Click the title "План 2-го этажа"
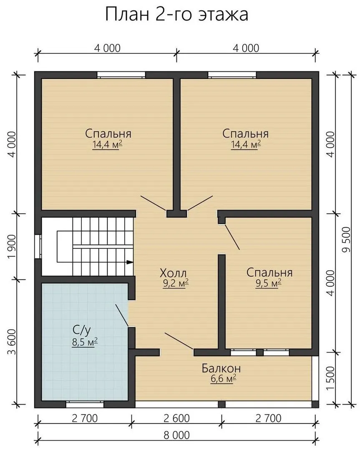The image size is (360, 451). (x=177, y=14)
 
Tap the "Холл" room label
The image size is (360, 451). (x=173, y=273)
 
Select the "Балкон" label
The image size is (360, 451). (x=221, y=368)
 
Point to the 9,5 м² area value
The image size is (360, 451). (x=268, y=283)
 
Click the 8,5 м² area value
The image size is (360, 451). (x=85, y=342)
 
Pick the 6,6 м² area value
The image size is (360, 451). (x=224, y=379)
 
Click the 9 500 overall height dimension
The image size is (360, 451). (x=347, y=240)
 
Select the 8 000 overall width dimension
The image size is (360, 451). (x=177, y=435)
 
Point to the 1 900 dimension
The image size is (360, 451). (x=12, y=246)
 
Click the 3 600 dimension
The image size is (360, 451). (x=12, y=342)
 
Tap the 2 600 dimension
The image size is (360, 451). (x=177, y=418)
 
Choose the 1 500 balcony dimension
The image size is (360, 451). (x=331, y=378)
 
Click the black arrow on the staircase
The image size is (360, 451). (x=130, y=262)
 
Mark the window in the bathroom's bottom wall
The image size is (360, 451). (x=85, y=404)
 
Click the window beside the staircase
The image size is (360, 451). (x=38, y=246)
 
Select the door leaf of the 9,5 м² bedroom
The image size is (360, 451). (x=232, y=237)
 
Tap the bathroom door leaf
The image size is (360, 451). (x=121, y=315)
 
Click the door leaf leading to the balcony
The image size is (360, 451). (x=179, y=341)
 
